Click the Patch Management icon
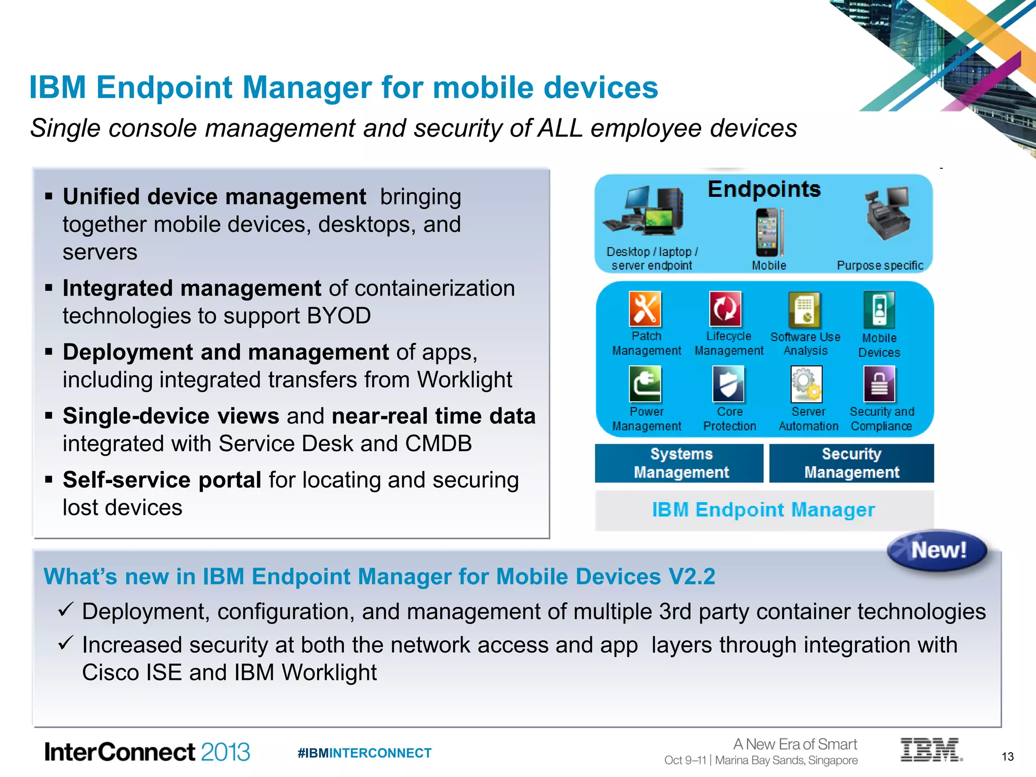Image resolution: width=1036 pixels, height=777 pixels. tap(645, 309)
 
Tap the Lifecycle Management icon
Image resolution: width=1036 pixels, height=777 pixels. tap(725, 309)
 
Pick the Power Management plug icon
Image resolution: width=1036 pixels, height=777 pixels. tap(645, 384)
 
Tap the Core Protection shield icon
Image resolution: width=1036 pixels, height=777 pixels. tap(728, 384)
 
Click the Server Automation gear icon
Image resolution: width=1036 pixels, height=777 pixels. tap(806, 384)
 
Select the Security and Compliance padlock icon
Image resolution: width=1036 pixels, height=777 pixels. tap(879, 384)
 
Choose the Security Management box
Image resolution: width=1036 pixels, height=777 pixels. tap(851, 463)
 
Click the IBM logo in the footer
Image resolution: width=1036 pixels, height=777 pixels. tap(931, 750)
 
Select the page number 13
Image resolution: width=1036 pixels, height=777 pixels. tap(1007, 756)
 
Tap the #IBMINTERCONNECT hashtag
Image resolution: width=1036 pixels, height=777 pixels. tap(364, 753)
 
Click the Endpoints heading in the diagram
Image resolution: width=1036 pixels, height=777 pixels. tap(764, 190)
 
